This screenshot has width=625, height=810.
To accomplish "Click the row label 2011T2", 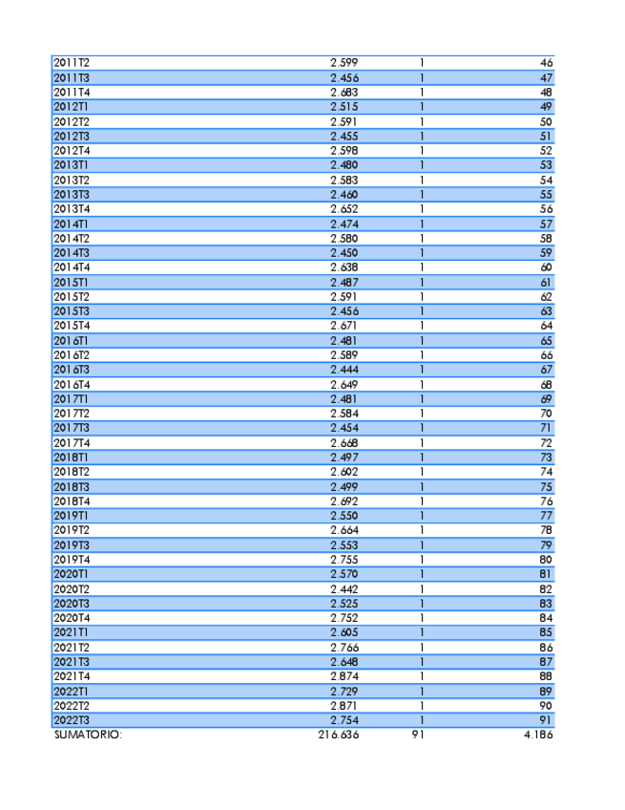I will (x=71, y=63).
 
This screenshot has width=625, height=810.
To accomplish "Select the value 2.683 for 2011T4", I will (x=344, y=93).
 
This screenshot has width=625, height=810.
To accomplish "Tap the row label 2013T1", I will (x=71, y=165).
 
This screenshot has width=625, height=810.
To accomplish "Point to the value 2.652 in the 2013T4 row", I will (x=344, y=209).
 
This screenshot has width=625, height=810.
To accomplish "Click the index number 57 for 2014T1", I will (x=546, y=224).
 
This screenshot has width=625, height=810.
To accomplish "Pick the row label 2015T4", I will (x=71, y=326).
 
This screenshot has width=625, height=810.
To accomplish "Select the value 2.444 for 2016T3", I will (x=344, y=370).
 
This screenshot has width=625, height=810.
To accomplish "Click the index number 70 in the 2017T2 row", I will (x=546, y=414).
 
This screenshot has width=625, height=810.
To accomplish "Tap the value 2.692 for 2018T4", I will (x=344, y=501).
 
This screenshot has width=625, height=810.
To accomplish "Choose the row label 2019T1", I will (x=71, y=516).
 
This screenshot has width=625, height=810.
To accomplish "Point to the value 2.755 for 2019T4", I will (x=344, y=560).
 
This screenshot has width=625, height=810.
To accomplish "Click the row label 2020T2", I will (x=71, y=589).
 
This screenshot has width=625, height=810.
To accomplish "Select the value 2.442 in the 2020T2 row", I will (x=344, y=589).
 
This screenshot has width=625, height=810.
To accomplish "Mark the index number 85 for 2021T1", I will (x=546, y=632).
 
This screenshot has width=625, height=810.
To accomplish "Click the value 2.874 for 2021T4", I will (x=344, y=676).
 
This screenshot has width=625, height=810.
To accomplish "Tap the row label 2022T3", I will (x=71, y=720).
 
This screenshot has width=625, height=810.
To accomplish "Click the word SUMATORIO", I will (x=88, y=735).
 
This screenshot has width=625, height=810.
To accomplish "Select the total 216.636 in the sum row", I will (x=339, y=735).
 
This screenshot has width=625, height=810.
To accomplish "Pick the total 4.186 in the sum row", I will (x=538, y=735).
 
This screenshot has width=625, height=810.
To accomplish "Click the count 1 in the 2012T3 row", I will (x=422, y=137).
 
